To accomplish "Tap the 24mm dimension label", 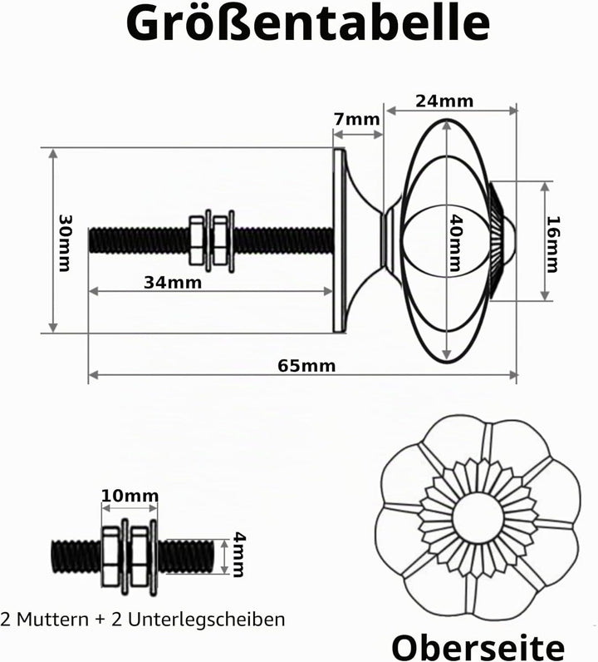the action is [x=444, y=101].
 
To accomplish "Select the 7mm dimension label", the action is [x=357, y=120].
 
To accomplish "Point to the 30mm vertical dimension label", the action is [x=65, y=243].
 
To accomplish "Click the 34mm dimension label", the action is [x=173, y=283].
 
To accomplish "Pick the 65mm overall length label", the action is [x=306, y=366].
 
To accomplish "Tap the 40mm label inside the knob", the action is [x=455, y=242].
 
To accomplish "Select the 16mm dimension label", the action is [x=553, y=245].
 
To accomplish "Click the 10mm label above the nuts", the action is [x=130, y=496].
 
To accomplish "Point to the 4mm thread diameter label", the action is [x=238, y=555].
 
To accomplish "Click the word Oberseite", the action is [x=478, y=647].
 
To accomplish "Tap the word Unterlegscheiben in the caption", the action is [x=206, y=620].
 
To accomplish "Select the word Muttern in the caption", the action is [x=53, y=620].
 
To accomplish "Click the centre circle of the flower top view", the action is [x=478, y=516].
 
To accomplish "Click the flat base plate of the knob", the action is [x=340, y=240].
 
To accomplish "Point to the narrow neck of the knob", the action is [x=387, y=240].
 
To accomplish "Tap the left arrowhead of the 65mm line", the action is [x=93, y=375].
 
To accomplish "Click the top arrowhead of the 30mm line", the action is [x=52, y=153].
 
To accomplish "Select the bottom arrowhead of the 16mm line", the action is [x=546, y=295].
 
